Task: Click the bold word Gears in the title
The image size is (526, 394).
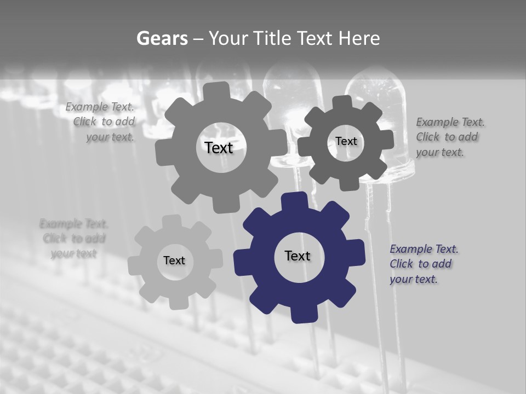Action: [x=161, y=38]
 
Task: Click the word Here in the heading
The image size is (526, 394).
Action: [x=359, y=38]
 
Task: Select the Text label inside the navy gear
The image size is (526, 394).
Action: [x=298, y=256]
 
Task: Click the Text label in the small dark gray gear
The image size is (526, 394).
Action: [x=346, y=141]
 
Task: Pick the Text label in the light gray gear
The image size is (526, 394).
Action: [x=174, y=260]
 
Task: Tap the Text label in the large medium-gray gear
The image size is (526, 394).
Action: [x=219, y=148]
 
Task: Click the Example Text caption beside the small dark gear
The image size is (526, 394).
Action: [x=449, y=137]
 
